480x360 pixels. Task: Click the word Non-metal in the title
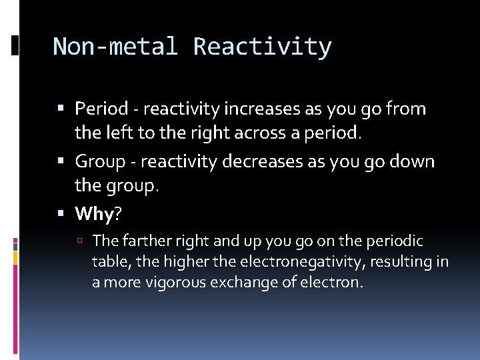tap(115, 47)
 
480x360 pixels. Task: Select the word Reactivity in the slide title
tap(262, 47)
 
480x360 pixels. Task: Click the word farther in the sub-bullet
tap(143, 240)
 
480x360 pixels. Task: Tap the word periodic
tap(397, 240)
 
